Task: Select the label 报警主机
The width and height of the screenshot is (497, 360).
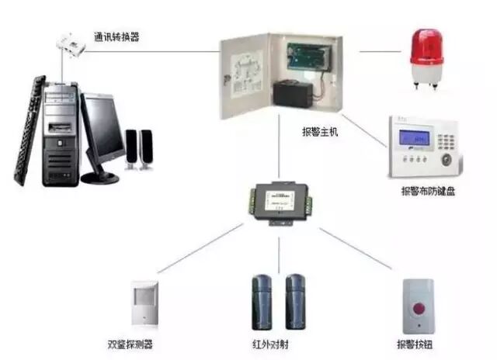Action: (319, 132)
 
